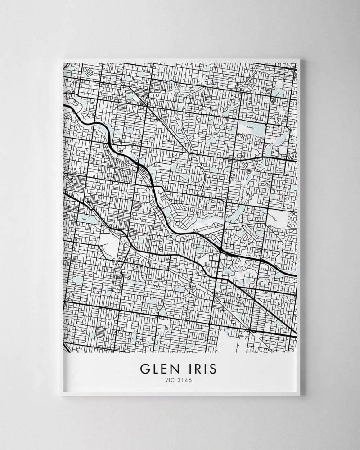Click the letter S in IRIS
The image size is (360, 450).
pyautogui.click(x=212, y=369)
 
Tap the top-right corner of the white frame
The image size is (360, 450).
pyautogui.click(x=301, y=58)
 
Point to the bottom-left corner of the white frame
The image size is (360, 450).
pyautogui.click(x=62, y=396)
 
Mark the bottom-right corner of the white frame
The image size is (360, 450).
pyautogui.click(x=300, y=396)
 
